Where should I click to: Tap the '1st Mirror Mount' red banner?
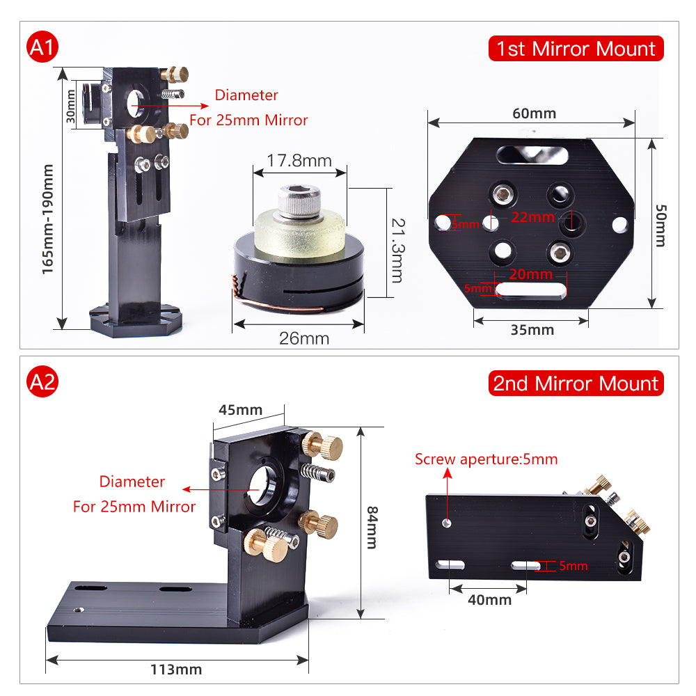tap(576, 49)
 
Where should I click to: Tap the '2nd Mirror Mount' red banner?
tap(576, 383)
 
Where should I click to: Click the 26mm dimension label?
tap(304, 339)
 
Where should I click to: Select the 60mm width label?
tap(535, 113)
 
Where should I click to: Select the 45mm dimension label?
tap(240, 409)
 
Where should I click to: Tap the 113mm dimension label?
tap(176, 670)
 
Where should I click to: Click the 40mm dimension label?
tap(490, 599)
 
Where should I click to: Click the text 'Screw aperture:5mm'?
tap(486, 459)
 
